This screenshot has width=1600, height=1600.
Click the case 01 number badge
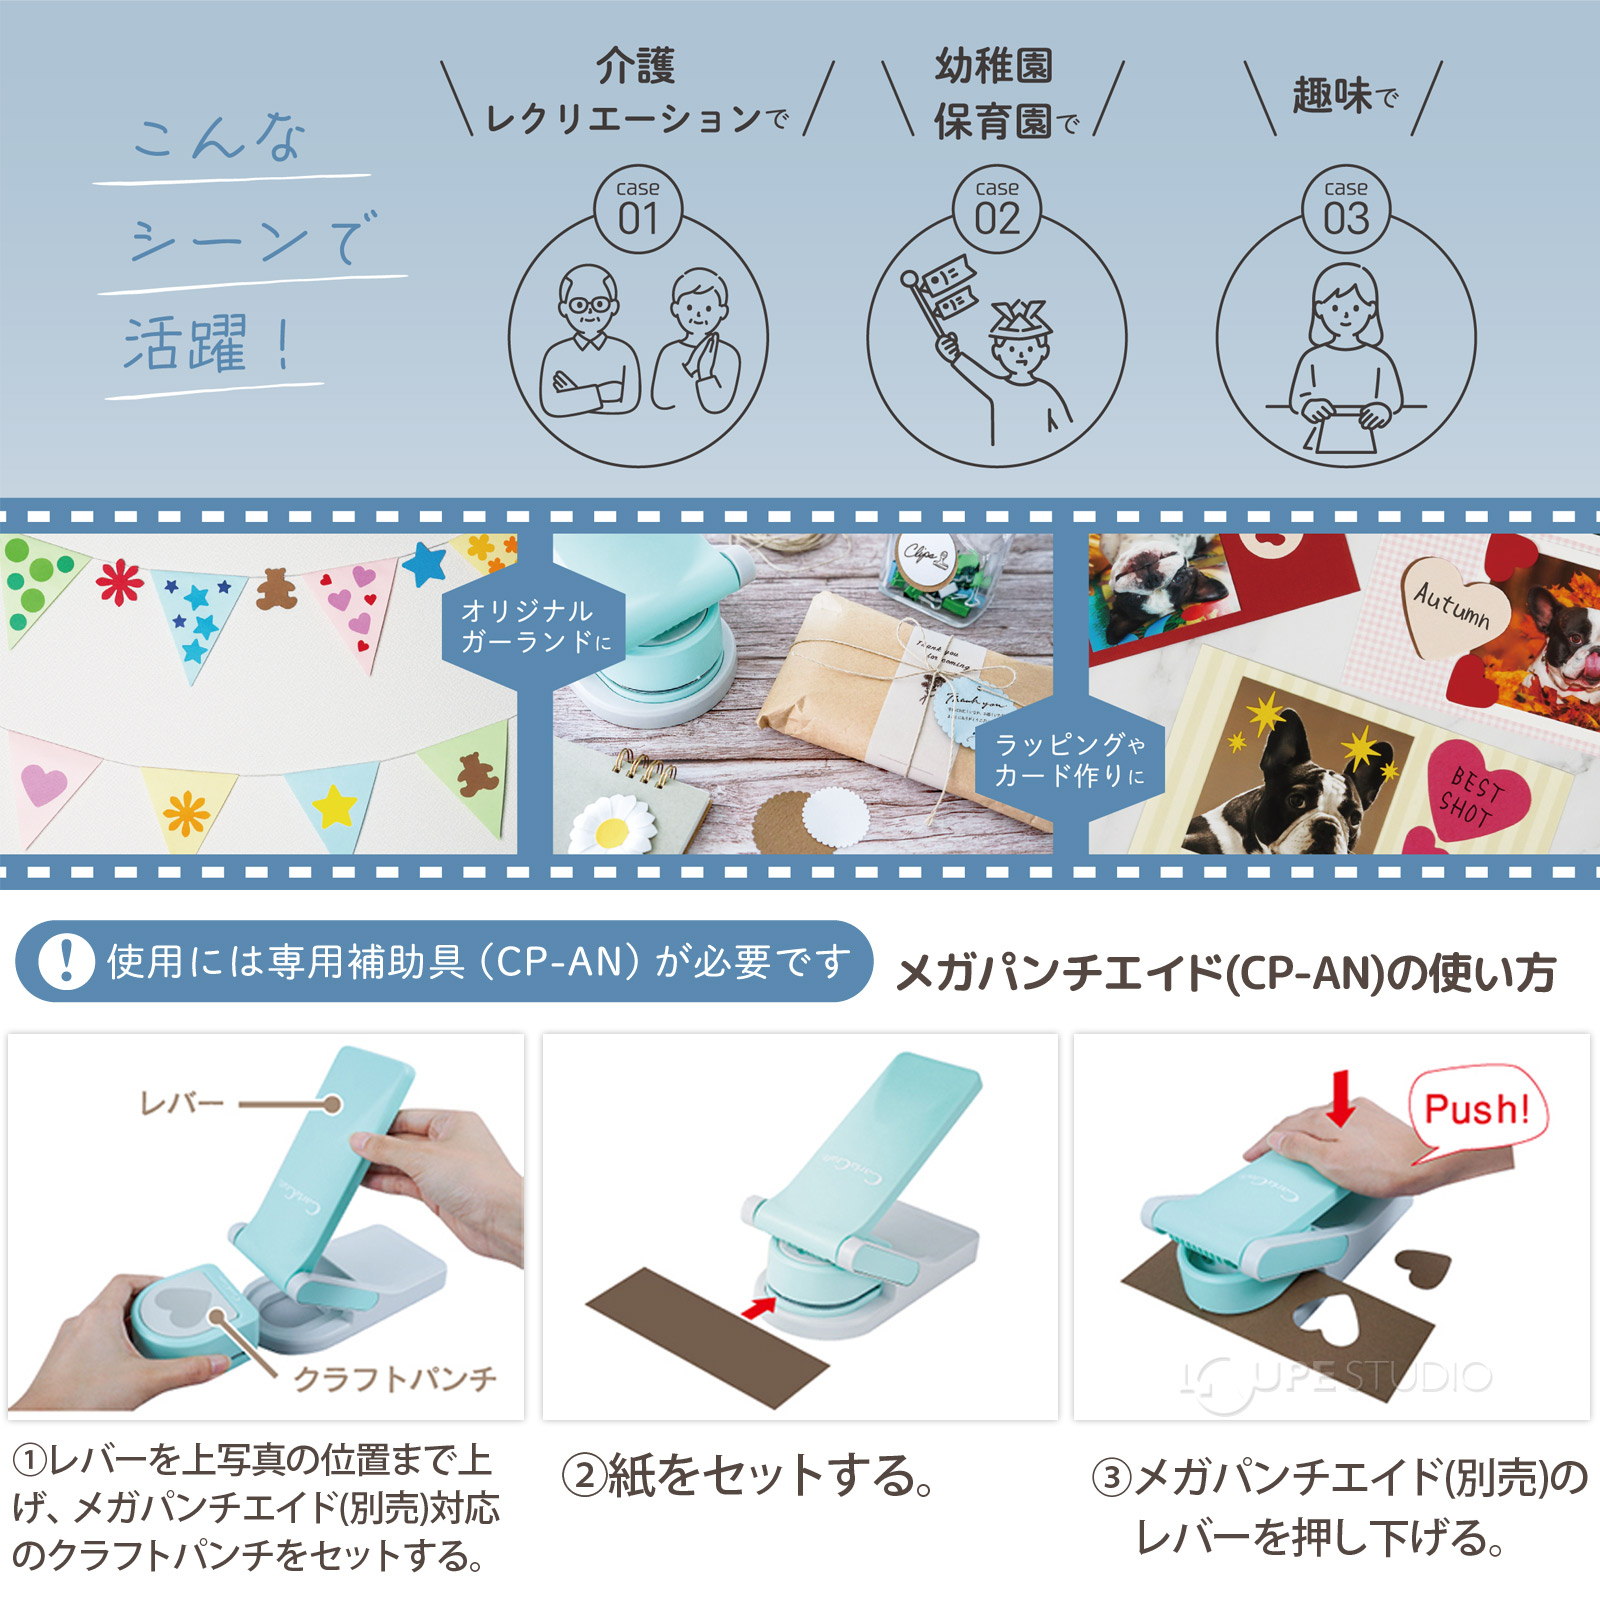point(638,209)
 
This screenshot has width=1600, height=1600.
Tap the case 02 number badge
point(997,209)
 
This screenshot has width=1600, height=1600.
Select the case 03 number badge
point(1346,209)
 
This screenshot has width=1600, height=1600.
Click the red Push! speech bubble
point(1477,1108)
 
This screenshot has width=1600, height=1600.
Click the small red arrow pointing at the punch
point(760,1306)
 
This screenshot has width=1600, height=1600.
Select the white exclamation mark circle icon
point(66,961)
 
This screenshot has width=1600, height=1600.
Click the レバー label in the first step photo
point(181,1104)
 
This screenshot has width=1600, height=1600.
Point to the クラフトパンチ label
point(395,1379)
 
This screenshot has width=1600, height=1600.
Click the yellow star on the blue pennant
point(335,806)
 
